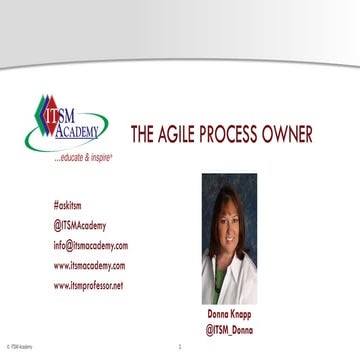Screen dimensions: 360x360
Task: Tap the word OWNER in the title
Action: pos(288,135)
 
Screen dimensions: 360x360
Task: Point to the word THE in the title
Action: pos(144,135)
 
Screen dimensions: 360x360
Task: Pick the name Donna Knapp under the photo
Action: pos(228,312)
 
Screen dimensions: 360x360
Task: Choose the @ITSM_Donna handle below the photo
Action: pos(228,327)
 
